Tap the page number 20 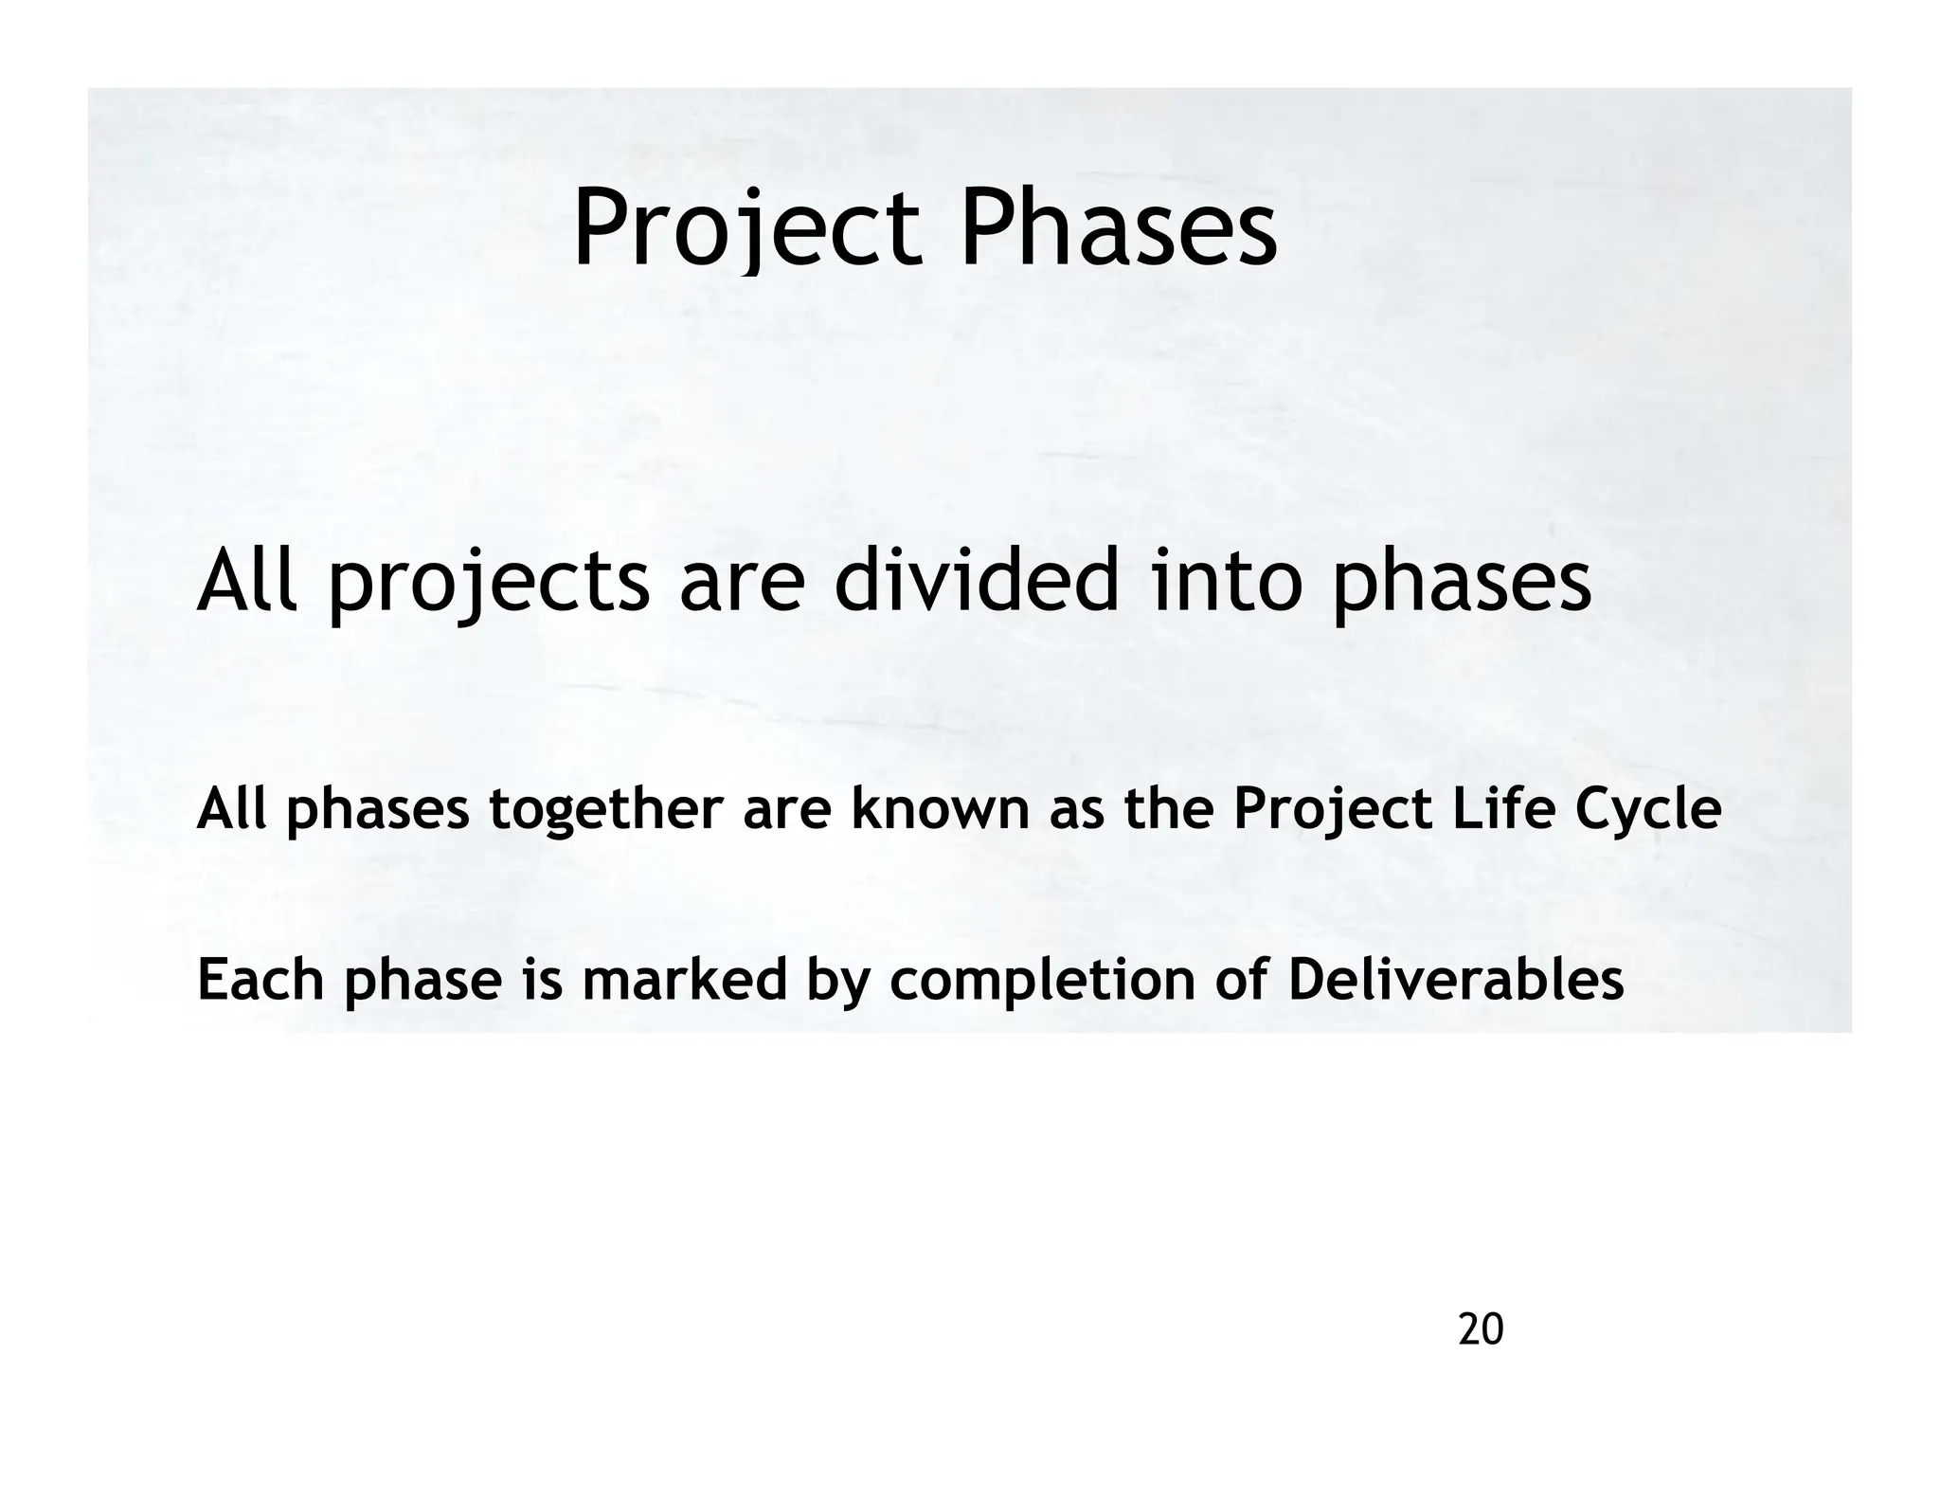[x=1481, y=1330]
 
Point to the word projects [x=488, y=586]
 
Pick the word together [x=606, y=811]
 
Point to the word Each [x=260, y=980]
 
